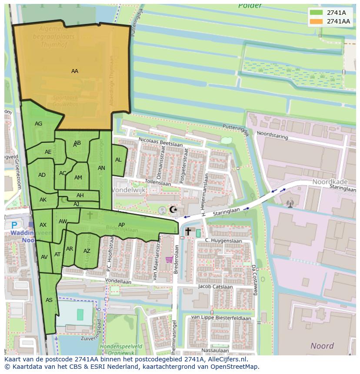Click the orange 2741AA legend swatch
coord(317,21)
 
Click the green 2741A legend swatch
coord(317,13)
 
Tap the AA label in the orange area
coord(75,71)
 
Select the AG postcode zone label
coord(39,124)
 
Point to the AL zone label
coord(118,160)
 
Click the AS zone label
coord(49,300)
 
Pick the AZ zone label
coord(87,251)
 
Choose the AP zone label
coord(122,225)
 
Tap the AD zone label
coord(42,175)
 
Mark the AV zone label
coord(44,257)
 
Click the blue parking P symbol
coord(14,225)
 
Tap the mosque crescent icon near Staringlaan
coord(173,210)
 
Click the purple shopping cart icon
coord(169,260)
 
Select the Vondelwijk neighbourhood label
coord(129,190)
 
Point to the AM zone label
coord(78,178)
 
